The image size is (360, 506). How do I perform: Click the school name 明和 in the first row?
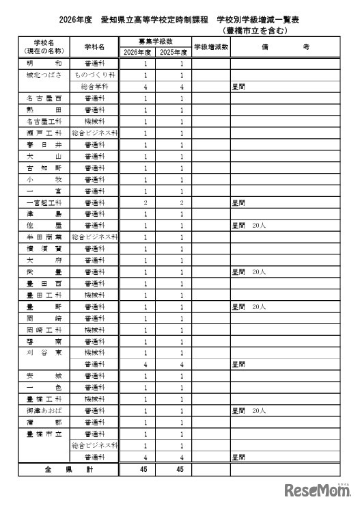pyautogui.click(x=43, y=64)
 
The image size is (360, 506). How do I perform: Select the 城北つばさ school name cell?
pyautogui.click(x=43, y=75)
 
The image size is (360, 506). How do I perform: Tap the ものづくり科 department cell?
pyautogui.click(x=94, y=75)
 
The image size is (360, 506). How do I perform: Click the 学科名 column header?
pyautogui.click(x=94, y=47)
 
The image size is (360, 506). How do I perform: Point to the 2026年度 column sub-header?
pyautogui.click(x=137, y=52)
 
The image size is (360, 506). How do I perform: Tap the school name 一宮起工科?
pyautogui.click(x=43, y=202)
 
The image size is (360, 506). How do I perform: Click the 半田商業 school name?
pyautogui.click(x=43, y=237)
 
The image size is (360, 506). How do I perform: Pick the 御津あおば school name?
pyautogui.click(x=43, y=411)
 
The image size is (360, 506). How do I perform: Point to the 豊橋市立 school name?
pyautogui.click(x=43, y=434)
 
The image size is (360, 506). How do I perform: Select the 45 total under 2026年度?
pyautogui.click(x=146, y=470)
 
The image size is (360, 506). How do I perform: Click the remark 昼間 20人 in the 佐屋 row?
pyautogui.click(x=249, y=226)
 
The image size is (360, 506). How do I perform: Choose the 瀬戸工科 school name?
pyautogui.click(x=43, y=133)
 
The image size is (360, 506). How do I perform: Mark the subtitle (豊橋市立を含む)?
pyautogui.click(x=255, y=31)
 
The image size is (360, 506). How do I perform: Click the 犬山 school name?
pyautogui.click(x=43, y=157)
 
